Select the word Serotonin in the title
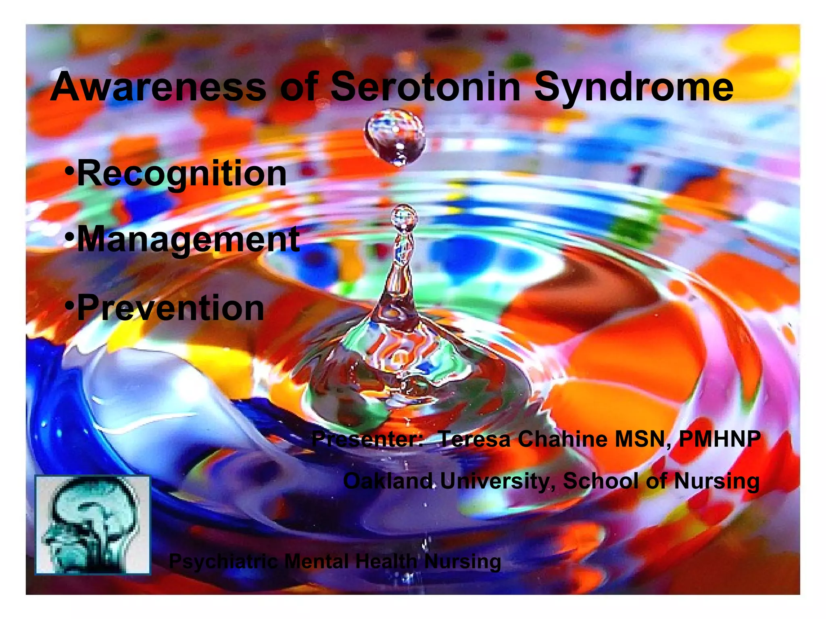[x=426, y=87]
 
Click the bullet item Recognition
[x=181, y=174]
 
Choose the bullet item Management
[x=188, y=241]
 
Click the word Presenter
[x=367, y=439]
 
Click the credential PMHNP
[x=720, y=439]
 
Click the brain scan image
[x=93, y=524]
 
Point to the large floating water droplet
[x=394, y=137]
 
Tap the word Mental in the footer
[x=317, y=561]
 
